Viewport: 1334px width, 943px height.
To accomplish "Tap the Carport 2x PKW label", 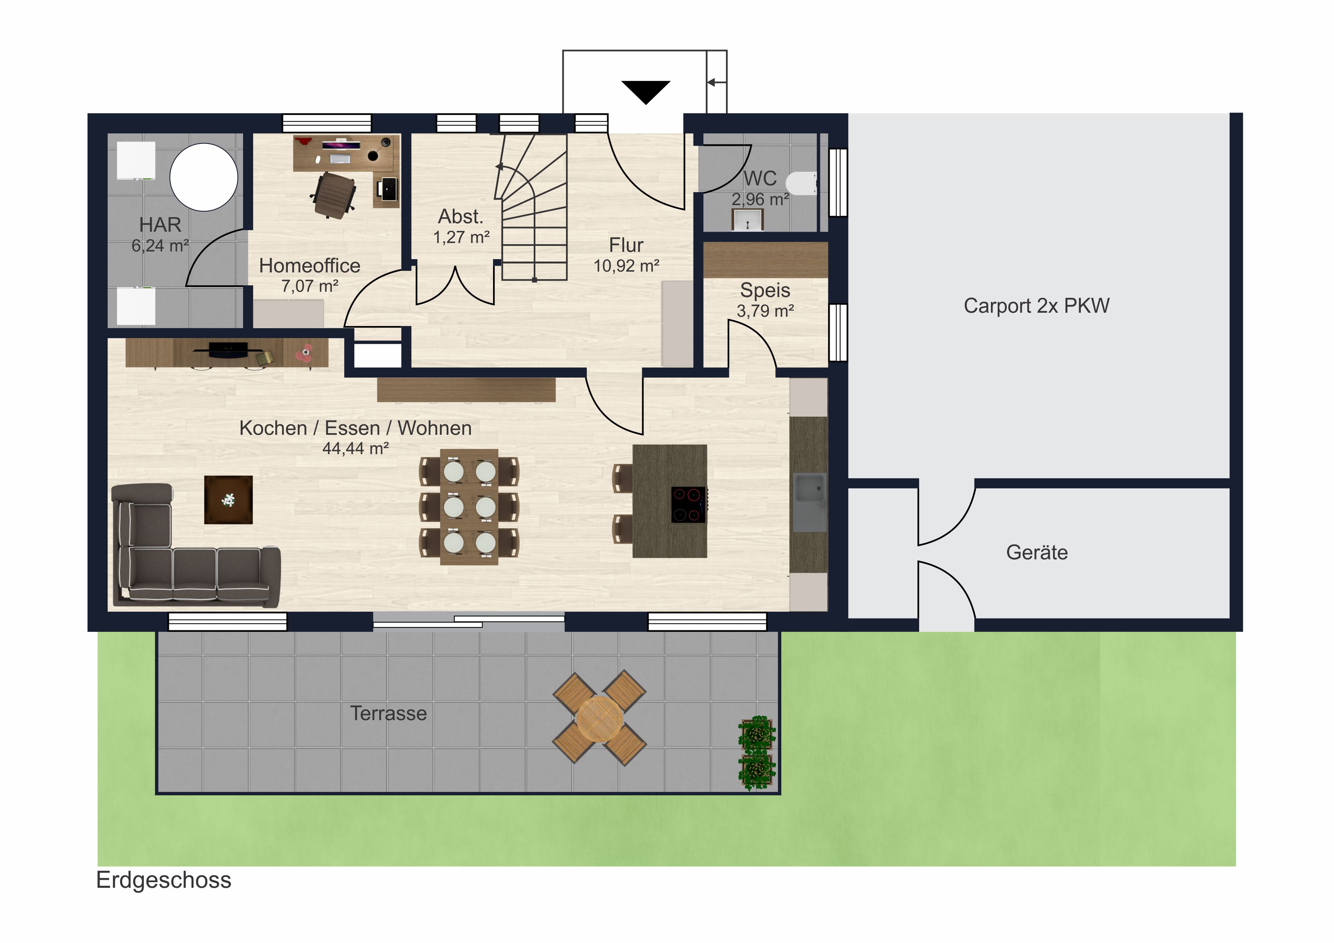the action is point(1036,306).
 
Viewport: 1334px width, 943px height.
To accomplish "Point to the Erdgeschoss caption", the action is point(164,880).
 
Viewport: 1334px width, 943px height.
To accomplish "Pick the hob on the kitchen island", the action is point(689,505).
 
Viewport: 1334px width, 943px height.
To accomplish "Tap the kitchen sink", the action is point(810,503).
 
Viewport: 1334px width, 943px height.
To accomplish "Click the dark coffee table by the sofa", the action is point(228,500).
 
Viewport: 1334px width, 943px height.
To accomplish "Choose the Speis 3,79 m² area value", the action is point(765,311).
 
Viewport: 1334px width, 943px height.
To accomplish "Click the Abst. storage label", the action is point(461,216).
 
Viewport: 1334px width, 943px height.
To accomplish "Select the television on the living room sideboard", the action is point(228,350).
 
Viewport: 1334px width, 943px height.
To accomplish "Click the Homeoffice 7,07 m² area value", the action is point(310,286).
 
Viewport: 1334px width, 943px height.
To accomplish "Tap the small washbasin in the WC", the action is point(747,220).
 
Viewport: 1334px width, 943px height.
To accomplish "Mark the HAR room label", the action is point(160,225).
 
